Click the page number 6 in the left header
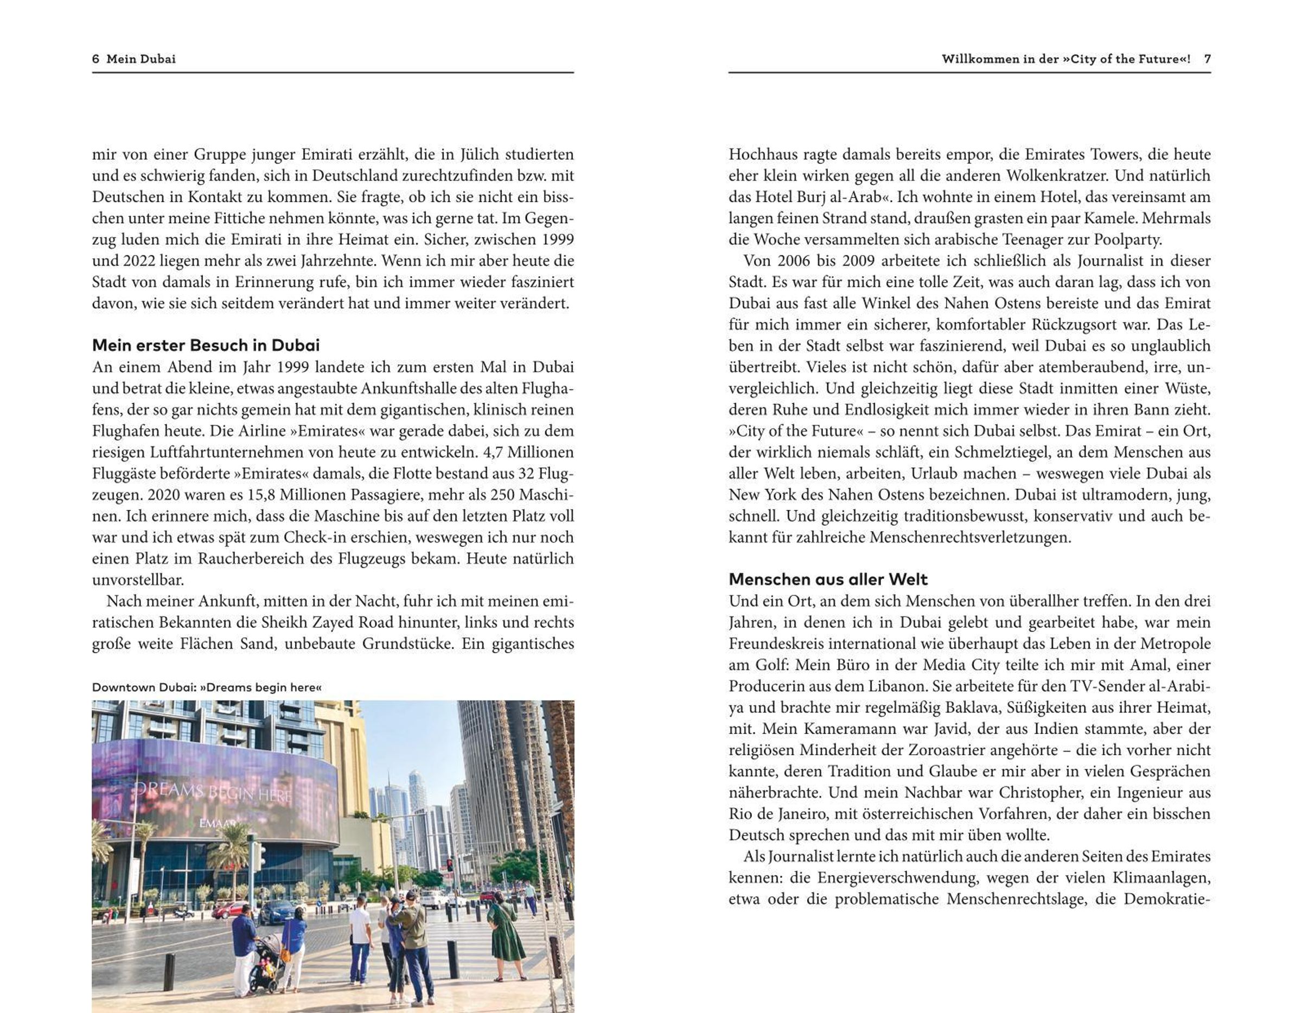point(95,59)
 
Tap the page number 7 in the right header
point(1207,59)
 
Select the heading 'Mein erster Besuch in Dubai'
point(206,345)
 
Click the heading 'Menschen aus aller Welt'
point(828,579)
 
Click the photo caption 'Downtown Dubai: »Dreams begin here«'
point(207,687)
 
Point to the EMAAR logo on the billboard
point(217,824)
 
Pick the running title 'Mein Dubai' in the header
point(141,59)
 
